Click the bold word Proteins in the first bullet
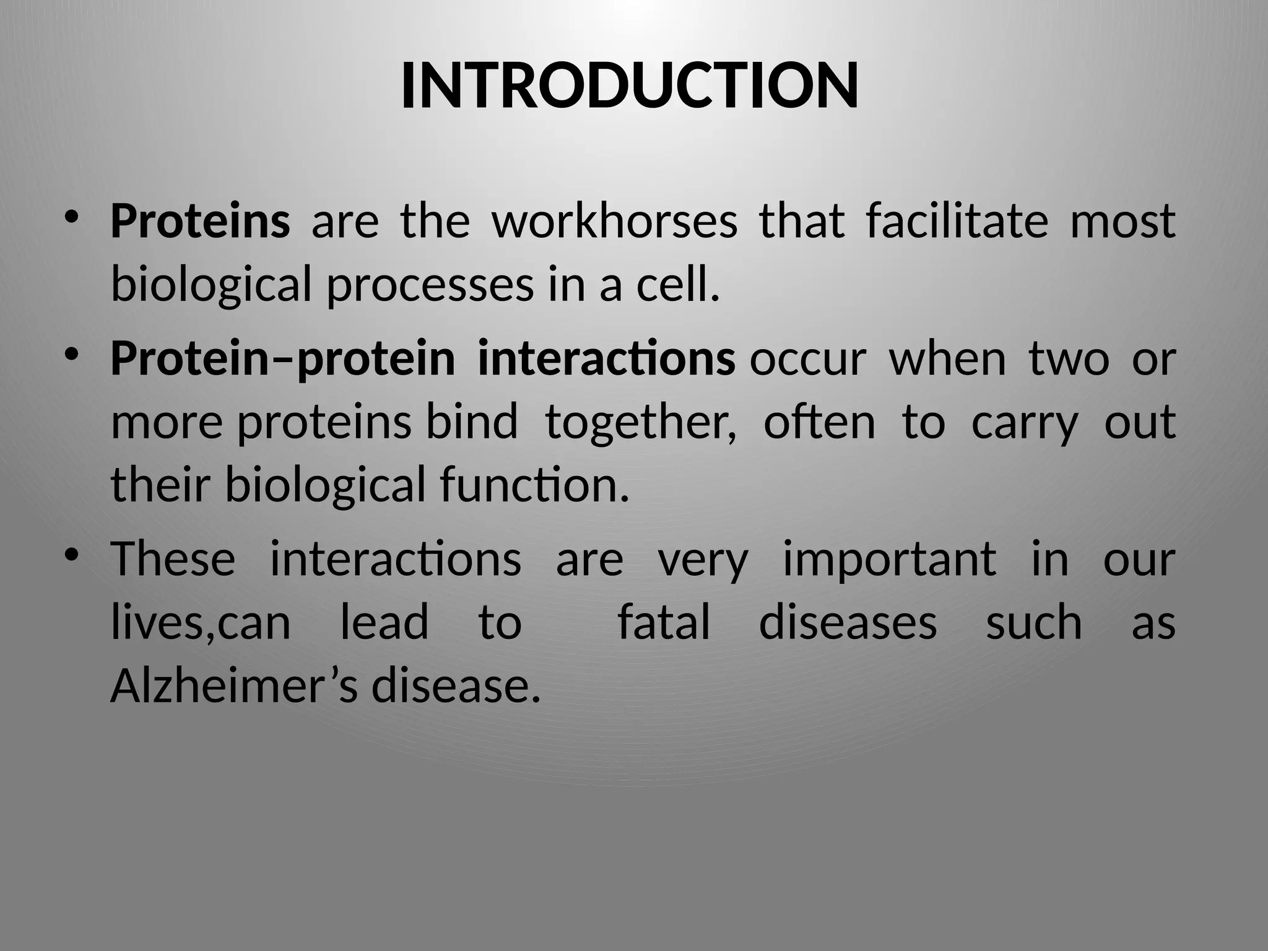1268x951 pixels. click(200, 221)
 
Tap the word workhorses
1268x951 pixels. click(614, 221)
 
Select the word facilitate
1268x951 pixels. click(957, 221)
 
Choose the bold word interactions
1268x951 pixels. click(606, 359)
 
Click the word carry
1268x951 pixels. click(1025, 423)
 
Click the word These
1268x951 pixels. click(173, 559)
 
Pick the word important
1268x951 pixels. click(889, 559)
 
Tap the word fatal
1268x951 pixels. click(664, 623)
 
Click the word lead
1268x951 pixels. click(384, 623)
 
